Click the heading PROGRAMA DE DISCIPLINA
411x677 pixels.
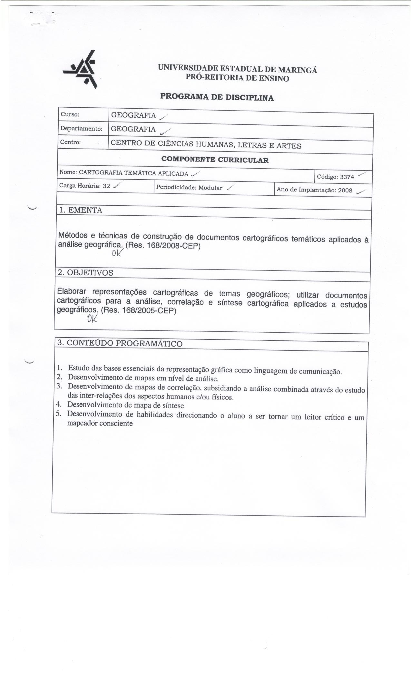pyautogui.click(x=217, y=97)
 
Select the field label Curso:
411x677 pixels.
pyautogui.click(x=70, y=115)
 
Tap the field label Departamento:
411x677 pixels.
pyautogui.click(x=81, y=129)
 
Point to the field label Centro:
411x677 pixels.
pyautogui.click(x=71, y=142)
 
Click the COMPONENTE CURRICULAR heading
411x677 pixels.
pyautogui.click(x=215, y=160)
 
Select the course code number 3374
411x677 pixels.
pyautogui.click(x=347, y=177)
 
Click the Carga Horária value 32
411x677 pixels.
pyautogui.click(x=106, y=186)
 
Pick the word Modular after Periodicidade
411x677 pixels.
pyautogui.click(x=210, y=188)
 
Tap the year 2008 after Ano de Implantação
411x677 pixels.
pyautogui.click(x=345, y=190)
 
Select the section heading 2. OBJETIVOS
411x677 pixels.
pyautogui.click(x=85, y=273)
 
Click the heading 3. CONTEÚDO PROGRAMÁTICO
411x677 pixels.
pyautogui.click(x=120, y=343)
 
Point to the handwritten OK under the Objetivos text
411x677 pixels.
pyautogui.click(x=92, y=319)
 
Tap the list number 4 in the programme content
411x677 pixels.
pyautogui.click(x=59, y=404)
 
